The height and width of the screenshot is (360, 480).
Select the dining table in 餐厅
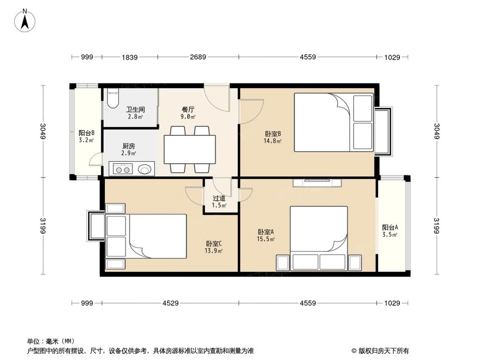(190, 149)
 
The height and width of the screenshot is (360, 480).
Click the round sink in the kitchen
(144, 169)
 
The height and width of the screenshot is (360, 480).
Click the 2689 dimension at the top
(198, 57)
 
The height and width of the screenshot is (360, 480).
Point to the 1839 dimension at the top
(130, 57)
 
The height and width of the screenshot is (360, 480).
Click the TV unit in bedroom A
(317, 182)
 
